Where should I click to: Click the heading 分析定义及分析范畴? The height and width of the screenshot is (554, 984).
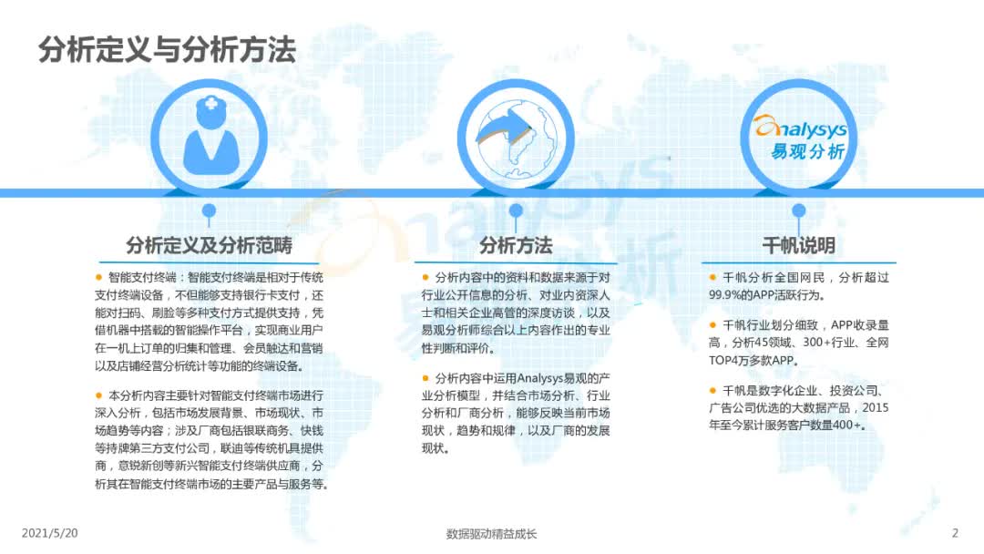tap(210, 245)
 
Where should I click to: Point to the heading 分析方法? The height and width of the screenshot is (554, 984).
tap(516, 245)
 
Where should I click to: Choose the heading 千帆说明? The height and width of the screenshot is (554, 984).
tap(798, 245)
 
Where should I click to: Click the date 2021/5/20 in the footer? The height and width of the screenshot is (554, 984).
tap(46, 533)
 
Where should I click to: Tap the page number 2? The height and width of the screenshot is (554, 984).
tap(955, 533)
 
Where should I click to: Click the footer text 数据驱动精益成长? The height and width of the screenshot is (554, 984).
tap(492, 534)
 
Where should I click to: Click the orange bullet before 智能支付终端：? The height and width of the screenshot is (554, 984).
tap(98, 275)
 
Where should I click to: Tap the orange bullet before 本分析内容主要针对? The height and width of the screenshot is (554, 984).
tap(98, 395)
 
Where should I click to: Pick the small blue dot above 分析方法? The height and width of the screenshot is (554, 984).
tap(516, 210)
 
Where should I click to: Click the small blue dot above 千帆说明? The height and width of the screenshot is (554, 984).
tap(798, 210)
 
